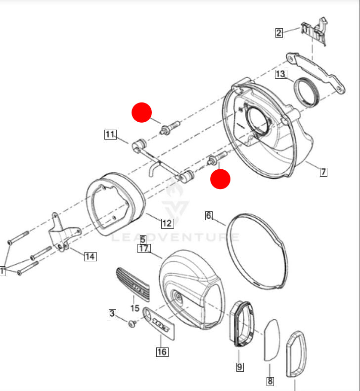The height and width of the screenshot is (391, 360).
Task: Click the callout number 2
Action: point(279,33)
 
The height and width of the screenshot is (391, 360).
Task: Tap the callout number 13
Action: point(281,74)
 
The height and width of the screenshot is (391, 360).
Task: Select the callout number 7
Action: point(323,172)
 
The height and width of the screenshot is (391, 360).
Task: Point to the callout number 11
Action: point(110,134)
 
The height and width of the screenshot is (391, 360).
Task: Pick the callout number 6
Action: point(209,215)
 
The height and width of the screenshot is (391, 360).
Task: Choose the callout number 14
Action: point(90,256)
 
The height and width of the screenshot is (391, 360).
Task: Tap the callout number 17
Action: point(143,248)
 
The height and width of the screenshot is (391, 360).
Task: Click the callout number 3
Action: point(112,313)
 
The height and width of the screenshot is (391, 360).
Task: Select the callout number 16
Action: point(162,352)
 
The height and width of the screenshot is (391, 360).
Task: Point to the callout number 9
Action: point(239,367)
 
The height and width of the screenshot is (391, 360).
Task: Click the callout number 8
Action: point(270,381)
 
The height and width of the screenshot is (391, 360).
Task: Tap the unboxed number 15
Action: point(135,308)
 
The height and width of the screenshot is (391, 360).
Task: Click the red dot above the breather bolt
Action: point(141,112)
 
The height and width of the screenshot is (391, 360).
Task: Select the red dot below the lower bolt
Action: point(220,179)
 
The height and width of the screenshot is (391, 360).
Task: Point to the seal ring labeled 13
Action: point(305,93)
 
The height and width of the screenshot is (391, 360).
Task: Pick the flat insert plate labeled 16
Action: point(159,323)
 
